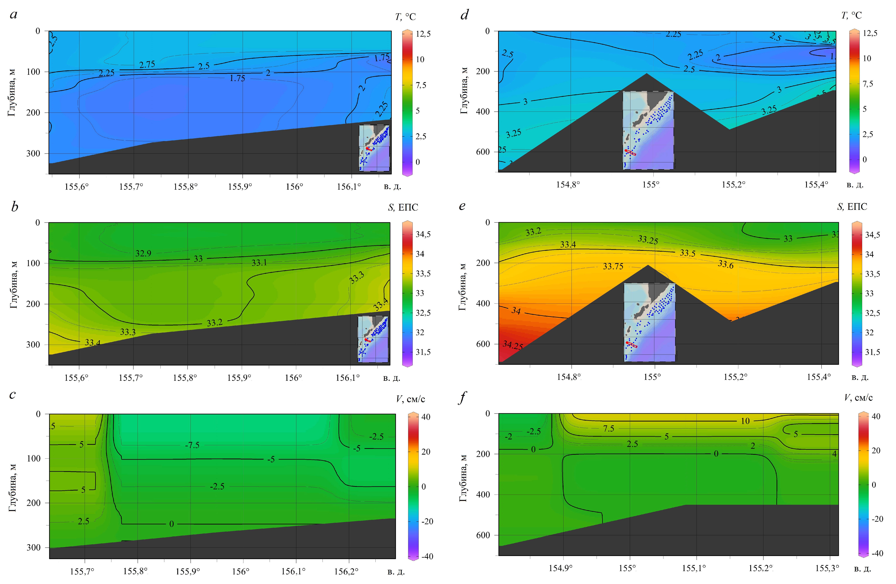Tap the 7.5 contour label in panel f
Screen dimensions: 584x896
pos(608,429)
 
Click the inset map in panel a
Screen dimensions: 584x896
pos(374,148)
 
